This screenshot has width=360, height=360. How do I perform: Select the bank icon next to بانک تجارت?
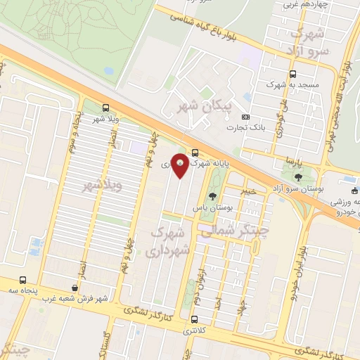pyautogui.click(x=245, y=117)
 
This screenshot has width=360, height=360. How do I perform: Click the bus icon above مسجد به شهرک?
pyautogui.click(x=293, y=73)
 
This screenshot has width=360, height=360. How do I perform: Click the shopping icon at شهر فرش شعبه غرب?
pyautogui.click(x=75, y=288)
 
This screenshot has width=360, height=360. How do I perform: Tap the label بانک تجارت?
pyautogui.click(x=244, y=127)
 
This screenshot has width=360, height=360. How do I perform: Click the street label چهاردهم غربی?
pyautogui.click(x=303, y=4)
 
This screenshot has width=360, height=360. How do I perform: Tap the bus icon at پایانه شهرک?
pyautogui.click(x=195, y=153)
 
